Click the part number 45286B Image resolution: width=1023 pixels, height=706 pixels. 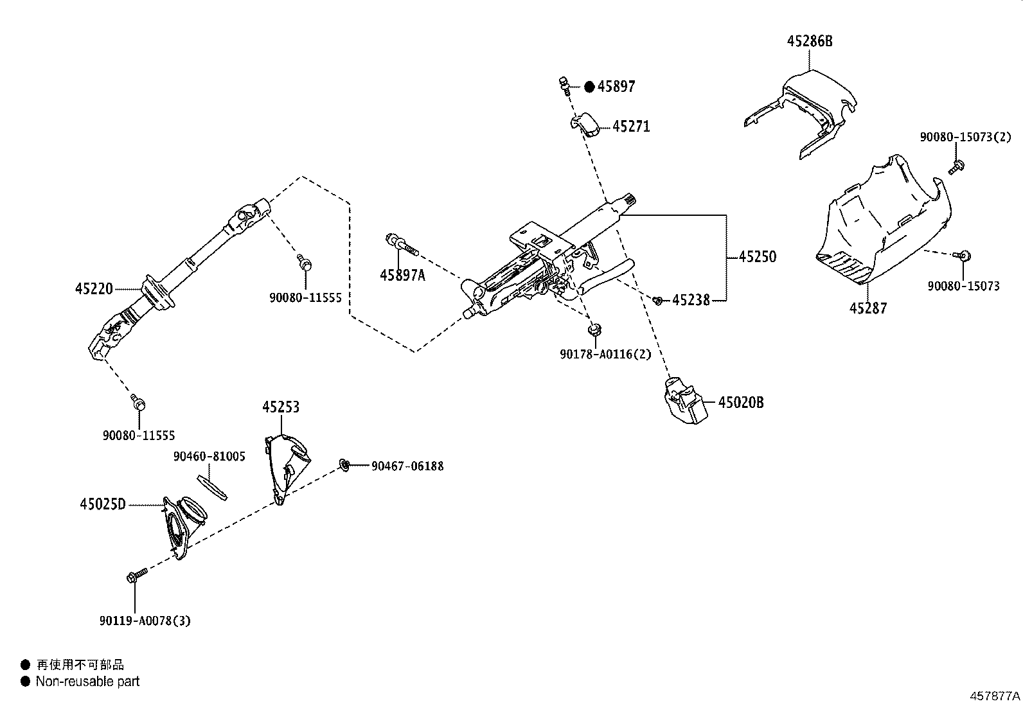click(x=810, y=41)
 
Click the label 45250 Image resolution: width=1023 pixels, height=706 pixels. click(x=757, y=257)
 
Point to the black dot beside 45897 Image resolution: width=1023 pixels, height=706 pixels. click(x=589, y=87)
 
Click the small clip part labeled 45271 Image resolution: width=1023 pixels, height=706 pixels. click(x=586, y=124)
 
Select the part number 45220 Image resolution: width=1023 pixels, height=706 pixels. click(x=94, y=289)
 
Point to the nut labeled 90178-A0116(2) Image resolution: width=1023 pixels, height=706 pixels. click(x=594, y=331)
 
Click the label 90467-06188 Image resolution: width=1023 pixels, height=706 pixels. click(x=407, y=466)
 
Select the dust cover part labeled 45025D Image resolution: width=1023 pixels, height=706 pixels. click(x=181, y=524)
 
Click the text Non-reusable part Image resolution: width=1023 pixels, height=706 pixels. click(x=87, y=682)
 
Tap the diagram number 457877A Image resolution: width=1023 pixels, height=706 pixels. click(x=995, y=696)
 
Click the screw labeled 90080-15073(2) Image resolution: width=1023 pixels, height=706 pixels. click(x=955, y=168)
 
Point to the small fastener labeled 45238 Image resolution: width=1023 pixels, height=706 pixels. click(x=658, y=300)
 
